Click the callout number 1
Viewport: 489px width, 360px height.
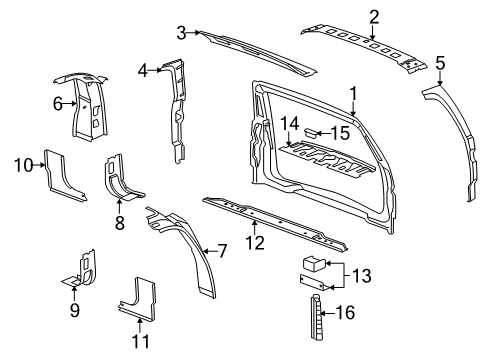click(352, 93)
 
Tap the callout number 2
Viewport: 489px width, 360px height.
click(373, 15)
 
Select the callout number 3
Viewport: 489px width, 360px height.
click(181, 33)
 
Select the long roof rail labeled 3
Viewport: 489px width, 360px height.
click(255, 49)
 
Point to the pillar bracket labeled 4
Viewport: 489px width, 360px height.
click(178, 105)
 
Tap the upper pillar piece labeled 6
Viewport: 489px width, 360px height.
click(88, 105)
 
